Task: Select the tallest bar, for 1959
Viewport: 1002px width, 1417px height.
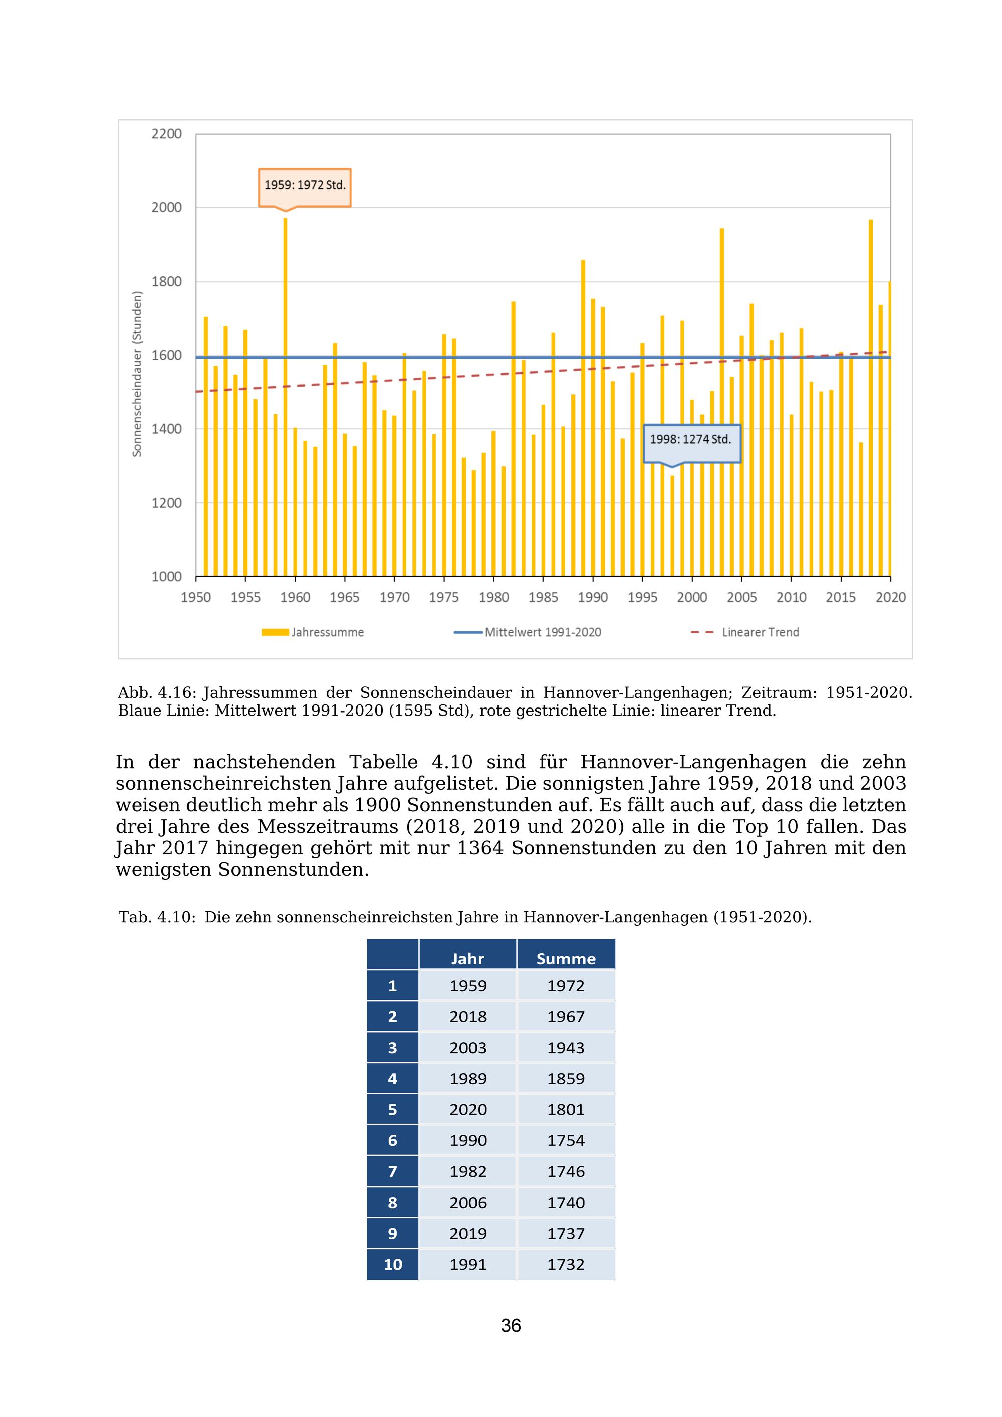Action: tap(285, 395)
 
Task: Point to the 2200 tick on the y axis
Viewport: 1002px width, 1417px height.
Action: tap(167, 134)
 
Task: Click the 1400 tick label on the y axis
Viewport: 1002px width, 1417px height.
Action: tap(167, 429)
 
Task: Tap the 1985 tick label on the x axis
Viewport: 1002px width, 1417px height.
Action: tap(543, 597)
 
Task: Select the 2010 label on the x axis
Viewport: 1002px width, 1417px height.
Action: tap(791, 597)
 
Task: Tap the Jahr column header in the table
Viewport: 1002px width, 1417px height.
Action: tap(467, 959)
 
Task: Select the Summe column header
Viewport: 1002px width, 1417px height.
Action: tap(566, 959)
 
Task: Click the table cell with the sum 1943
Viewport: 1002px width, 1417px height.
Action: tap(566, 1048)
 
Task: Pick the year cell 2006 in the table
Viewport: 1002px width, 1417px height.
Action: tap(467, 1203)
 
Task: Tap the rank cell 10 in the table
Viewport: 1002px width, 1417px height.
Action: tap(392, 1265)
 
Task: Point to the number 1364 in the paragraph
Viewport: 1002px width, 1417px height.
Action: tap(480, 849)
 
